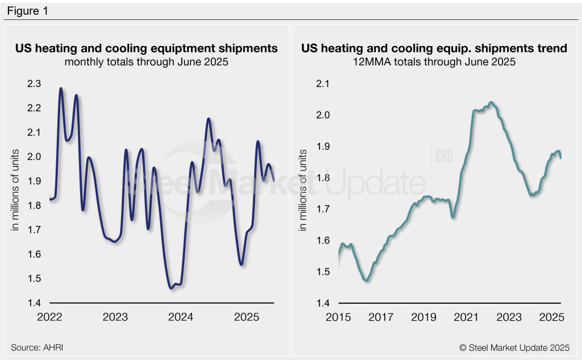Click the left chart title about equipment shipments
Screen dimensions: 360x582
(147, 48)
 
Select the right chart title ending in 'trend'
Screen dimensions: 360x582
(434, 48)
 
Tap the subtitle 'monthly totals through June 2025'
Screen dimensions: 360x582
(147, 62)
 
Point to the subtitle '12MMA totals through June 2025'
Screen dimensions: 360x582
(434, 62)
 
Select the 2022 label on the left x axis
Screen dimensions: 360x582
(49, 316)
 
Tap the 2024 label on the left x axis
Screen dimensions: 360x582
(181, 316)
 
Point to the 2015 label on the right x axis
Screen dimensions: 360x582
(338, 316)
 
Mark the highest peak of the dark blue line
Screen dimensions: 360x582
(61, 89)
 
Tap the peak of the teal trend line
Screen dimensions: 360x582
(491, 102)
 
